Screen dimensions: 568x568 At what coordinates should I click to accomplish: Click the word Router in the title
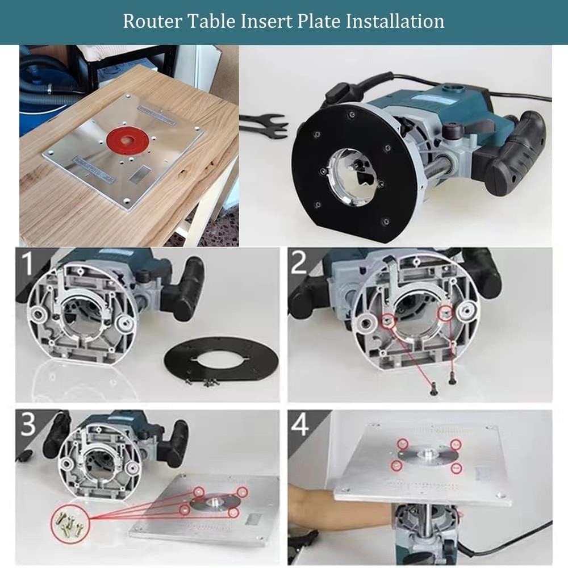(150, 21)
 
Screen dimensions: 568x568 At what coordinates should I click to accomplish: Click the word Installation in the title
(395, 21)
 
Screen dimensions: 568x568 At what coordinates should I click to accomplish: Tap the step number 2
(299, 265)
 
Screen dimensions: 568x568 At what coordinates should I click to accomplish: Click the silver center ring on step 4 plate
(427, 454)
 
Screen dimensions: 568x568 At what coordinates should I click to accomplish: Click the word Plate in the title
(316, 21)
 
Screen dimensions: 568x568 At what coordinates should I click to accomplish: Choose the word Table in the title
(212, 21)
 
